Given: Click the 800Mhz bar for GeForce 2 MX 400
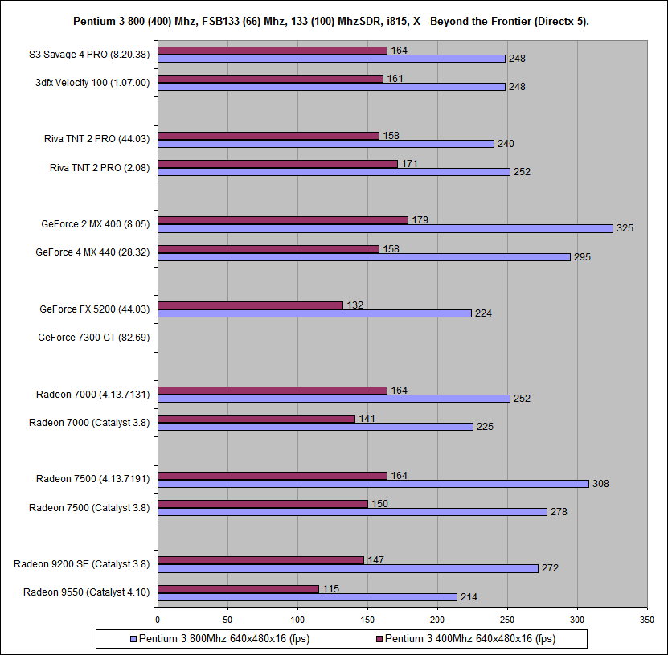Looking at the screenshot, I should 385,228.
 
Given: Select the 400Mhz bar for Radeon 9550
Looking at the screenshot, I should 238,589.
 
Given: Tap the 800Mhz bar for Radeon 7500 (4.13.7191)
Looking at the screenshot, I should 373,484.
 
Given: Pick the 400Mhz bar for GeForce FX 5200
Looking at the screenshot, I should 250,305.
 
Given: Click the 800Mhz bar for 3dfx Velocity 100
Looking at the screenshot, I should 331,86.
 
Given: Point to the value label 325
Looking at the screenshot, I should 625,228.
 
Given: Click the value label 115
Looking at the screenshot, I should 330,589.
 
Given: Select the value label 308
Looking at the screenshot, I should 600,484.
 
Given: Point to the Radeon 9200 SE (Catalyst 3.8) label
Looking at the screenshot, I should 81,563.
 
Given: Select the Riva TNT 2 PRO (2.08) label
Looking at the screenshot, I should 99,167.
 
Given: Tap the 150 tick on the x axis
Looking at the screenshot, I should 367,620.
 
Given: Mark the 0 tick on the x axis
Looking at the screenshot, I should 158,620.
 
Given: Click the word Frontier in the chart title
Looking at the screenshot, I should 499,21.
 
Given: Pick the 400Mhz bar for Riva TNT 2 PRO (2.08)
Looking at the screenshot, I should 277,164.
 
